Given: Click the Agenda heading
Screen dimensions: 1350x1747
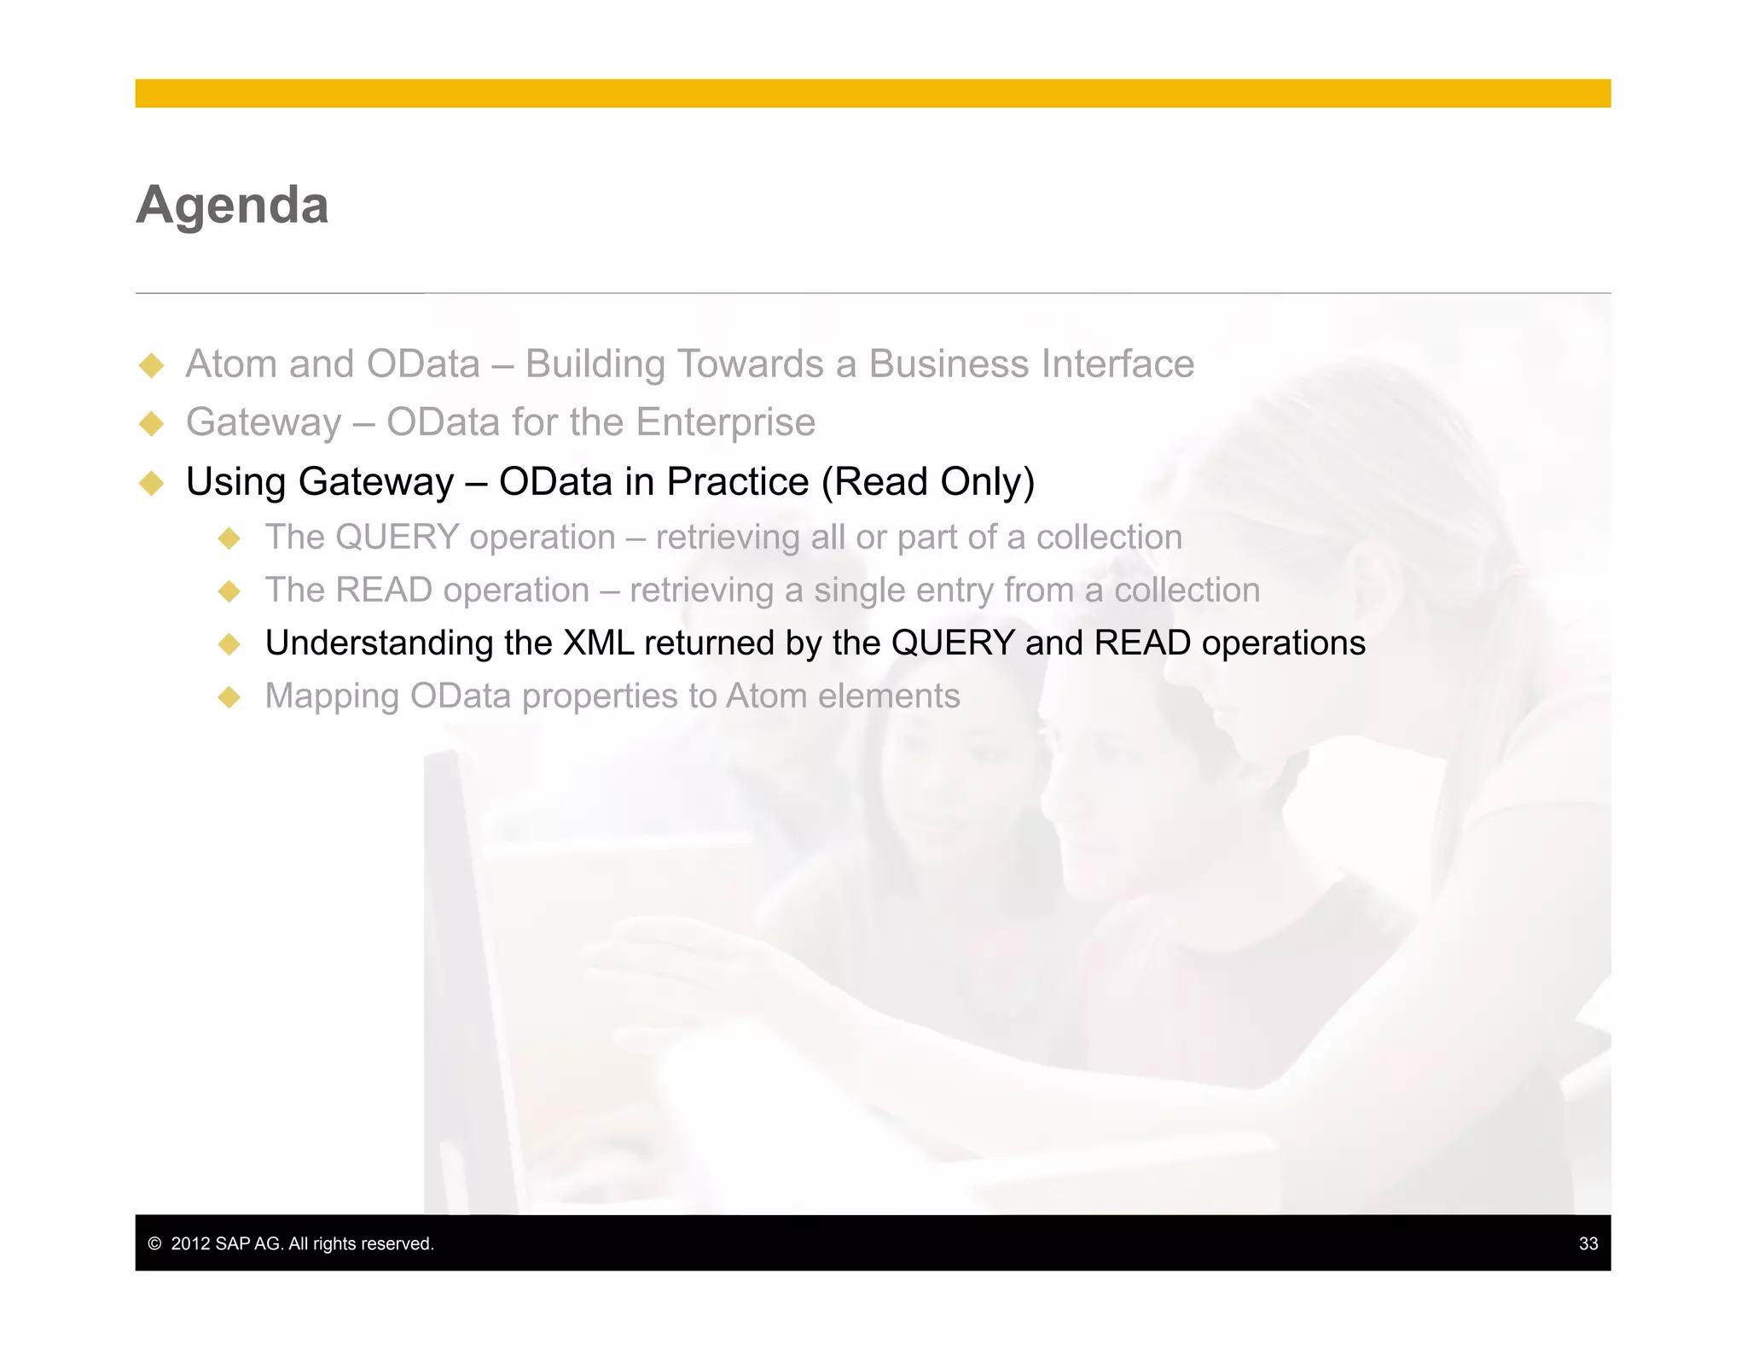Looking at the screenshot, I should pos(232,206).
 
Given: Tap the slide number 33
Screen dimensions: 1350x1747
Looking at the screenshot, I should pos(1587,1243).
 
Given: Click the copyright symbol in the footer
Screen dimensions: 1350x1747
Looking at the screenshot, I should pos(154,1243).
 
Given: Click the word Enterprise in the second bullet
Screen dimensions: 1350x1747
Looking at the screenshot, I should pos(725,422).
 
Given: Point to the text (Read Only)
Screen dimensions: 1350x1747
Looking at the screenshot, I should pos(927,482).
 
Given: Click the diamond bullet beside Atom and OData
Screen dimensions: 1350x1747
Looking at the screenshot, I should pos(152,365).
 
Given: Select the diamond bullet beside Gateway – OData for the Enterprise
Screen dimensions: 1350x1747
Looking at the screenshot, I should pos(152,423).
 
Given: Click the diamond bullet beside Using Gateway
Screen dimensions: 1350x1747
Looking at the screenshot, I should pos(152,483).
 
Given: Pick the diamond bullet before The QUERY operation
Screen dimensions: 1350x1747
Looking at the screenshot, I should pos(229,538).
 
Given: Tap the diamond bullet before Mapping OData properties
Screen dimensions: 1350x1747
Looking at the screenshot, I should pos(229,697).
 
